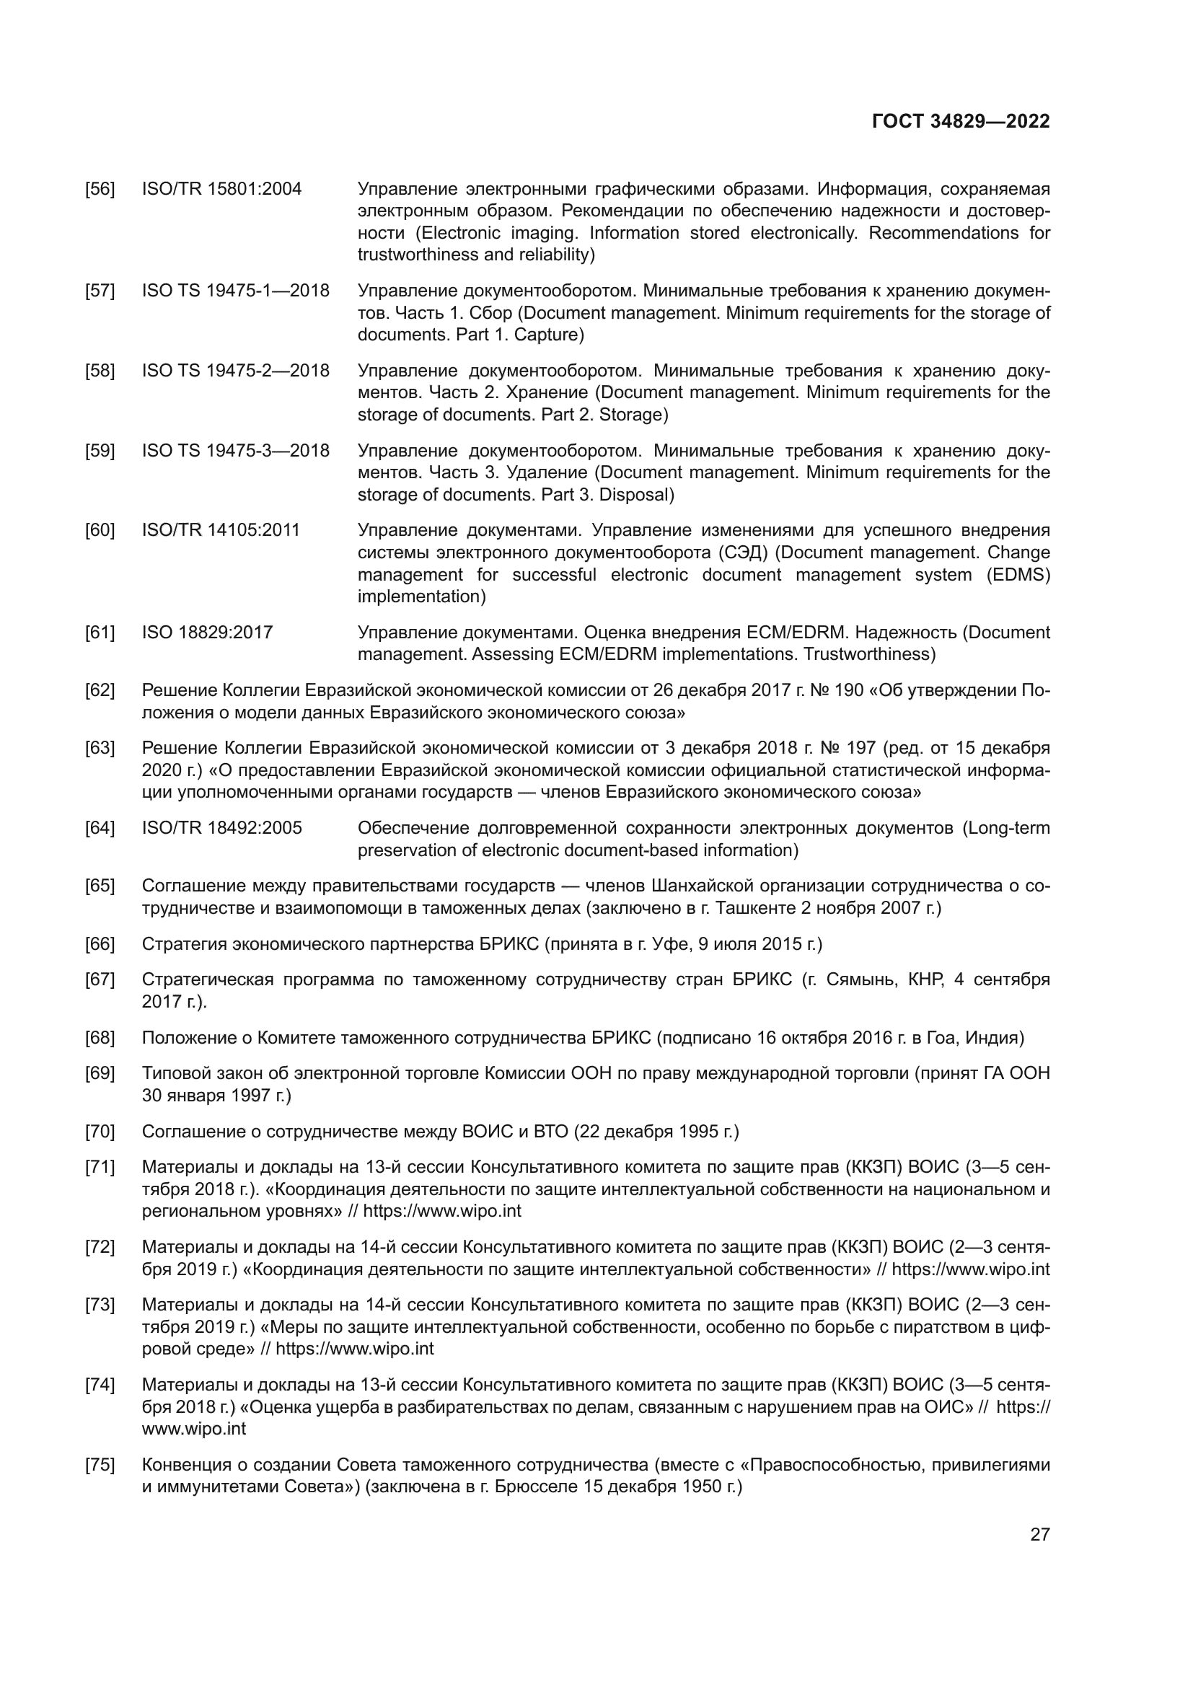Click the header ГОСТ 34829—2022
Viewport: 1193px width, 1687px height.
click(960, 122)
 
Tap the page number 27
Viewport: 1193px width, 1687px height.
click(1039, 1534)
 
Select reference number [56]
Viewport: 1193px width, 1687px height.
click(100, 190)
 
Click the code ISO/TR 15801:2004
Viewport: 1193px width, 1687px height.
click(221, 190)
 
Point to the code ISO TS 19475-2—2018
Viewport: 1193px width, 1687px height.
click(235, 370)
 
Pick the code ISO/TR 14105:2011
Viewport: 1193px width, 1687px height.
click(221, 531)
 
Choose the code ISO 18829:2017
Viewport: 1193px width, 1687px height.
click(207, 633)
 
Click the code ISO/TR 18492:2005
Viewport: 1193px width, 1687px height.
click(221, 828)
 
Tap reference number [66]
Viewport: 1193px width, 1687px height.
click(100, 944)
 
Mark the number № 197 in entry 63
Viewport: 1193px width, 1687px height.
click(851, 748)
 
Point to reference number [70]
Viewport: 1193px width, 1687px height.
click(100, 1132)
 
